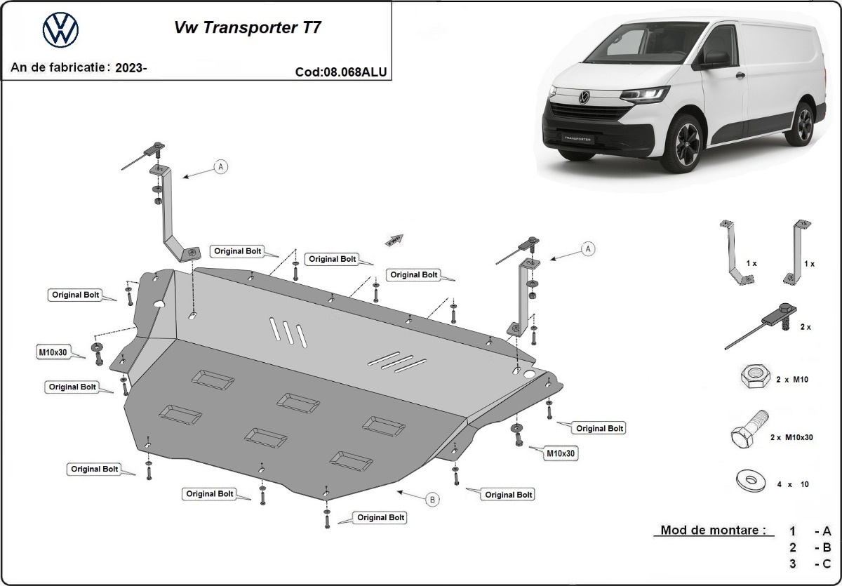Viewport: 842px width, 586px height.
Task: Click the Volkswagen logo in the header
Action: click(x=60, y=30)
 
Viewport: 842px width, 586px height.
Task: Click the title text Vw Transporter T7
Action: click(x=248, y=29)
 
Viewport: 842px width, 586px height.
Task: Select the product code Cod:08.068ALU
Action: click(x=341, y=72)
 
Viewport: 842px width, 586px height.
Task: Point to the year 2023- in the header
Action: click(x=131, y=68)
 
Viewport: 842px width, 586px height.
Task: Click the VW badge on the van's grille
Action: click(x=583, y=98)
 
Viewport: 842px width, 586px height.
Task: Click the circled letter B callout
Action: click(x=433, y=500)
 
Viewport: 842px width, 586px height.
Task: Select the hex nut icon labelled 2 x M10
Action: click(x=752, y=379)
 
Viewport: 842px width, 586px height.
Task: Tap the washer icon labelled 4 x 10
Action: click(x=750, y=481)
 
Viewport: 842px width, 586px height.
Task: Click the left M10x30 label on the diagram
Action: click(x=53, y=352)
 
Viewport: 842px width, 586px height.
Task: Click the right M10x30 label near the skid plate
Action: click(x=561, y=454)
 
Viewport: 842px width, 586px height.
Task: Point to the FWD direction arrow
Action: click(x=394, y=240)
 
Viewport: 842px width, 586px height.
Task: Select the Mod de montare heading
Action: click(x=712, y=531)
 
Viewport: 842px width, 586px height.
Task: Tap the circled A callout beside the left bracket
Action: click(x=222, y=166)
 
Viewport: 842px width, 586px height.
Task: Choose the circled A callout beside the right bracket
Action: click(x=588, y=248)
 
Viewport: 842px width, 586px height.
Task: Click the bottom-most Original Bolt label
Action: click(x=380, y=517)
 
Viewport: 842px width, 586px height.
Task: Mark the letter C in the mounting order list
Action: click(x=826, y=564)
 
